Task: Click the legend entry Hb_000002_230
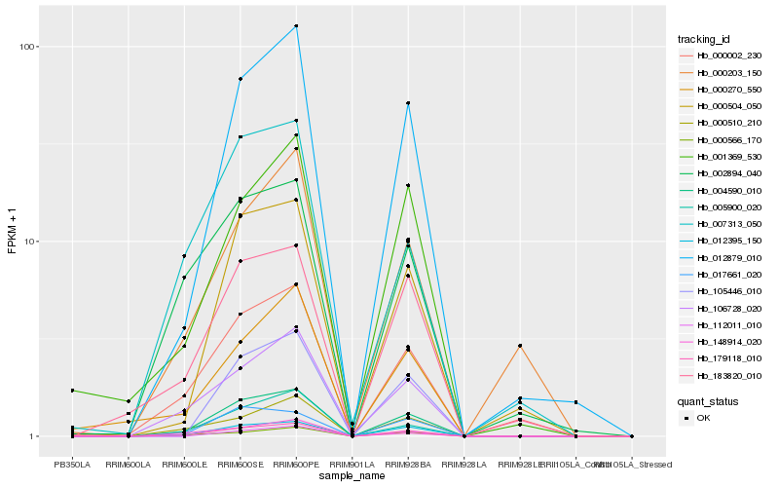[722, 56]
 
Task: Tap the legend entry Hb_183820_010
[722, 375]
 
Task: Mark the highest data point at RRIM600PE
[296, 26]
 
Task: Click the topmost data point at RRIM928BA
[408, 103]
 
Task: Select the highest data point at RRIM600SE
[240, 79]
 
